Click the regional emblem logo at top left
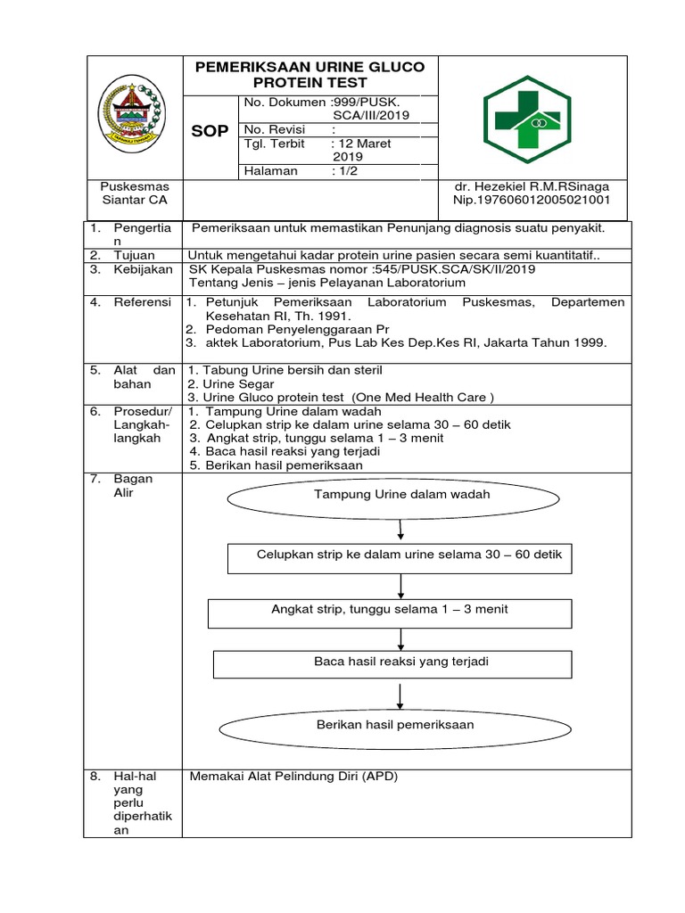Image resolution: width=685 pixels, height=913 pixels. (x=132, y=112)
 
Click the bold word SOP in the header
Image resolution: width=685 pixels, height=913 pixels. (x=210, y=131)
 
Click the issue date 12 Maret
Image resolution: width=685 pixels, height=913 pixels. (x=362, y=143)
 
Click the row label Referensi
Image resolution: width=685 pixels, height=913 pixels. (x=141, y=302)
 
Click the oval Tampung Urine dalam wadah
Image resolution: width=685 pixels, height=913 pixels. (x=402, y=494)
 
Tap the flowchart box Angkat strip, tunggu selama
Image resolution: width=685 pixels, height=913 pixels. (x=390, y=610)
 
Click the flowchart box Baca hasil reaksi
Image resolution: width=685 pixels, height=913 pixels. (x=401, y=662)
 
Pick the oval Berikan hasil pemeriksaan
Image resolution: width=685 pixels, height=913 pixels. (x=395, y=725)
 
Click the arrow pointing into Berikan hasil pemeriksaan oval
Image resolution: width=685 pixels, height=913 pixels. (x=402, y=694)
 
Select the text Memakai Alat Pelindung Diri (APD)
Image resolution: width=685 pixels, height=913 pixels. (x=293, y=777)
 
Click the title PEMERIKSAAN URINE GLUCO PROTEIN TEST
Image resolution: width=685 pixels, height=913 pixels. (x=309, y=75)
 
